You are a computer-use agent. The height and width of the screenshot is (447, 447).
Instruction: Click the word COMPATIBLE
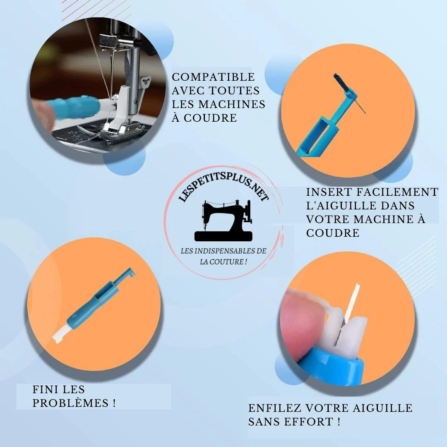[213, 77]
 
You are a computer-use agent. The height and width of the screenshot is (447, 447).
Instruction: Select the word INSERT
[329, 192]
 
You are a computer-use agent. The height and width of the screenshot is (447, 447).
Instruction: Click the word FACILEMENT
[397, 192]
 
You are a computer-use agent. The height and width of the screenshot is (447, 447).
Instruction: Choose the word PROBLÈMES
[70, 403]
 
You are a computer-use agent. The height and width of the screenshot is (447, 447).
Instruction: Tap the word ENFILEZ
[275, 408]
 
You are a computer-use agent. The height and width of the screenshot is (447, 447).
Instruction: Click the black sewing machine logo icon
[223, 220]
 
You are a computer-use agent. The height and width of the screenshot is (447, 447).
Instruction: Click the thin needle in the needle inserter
[360, 105]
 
